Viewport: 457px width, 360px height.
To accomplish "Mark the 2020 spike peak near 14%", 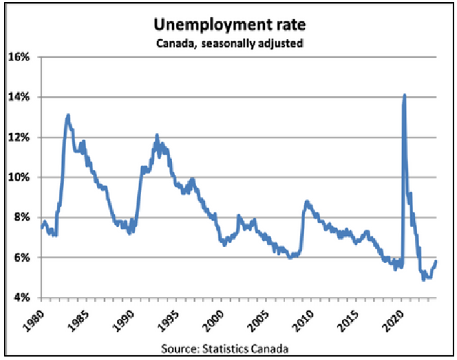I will [404, 95].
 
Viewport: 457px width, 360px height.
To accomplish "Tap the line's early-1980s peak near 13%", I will [68, 115].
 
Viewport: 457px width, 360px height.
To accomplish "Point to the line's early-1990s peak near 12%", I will [157, 135].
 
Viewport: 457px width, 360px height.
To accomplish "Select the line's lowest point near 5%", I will [423, 279].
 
